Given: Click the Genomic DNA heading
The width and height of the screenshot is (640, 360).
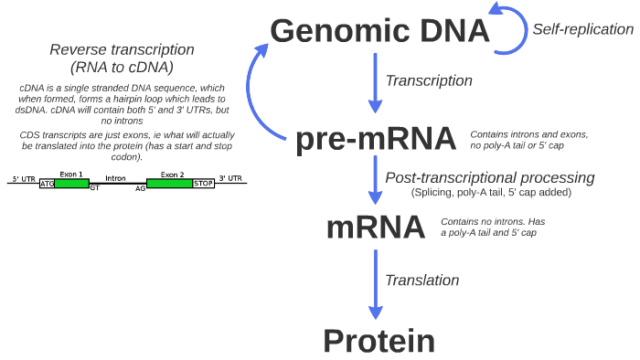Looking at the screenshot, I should click(380, 31).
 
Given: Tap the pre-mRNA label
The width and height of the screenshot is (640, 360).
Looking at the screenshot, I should click(376, 139).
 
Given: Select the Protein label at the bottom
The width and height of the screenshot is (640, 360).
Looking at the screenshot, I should click(379, 341).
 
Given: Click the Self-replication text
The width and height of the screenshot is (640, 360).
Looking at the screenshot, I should click(582, 29).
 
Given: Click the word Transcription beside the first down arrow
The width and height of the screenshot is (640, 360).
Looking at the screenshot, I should click(429, 80).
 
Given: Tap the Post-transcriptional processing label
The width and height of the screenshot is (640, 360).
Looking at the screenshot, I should click(490, 177).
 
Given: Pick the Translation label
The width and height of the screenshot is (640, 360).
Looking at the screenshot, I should click(422, 281).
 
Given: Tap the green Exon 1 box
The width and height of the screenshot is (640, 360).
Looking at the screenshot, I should click(72, 184).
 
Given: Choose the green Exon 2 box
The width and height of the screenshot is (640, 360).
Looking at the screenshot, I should click(170, 184).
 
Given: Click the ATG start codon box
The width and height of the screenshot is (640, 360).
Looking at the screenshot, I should click(48, 184).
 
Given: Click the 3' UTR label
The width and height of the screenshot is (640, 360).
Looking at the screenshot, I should click(230, 178).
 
